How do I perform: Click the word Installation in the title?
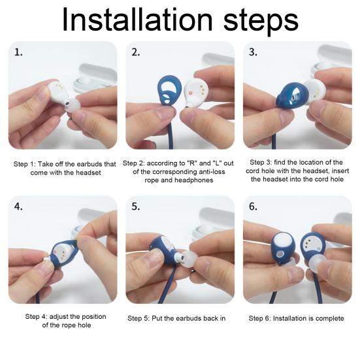click(137, 20)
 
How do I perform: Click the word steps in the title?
click(261, 22)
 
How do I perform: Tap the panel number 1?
click(18, 52)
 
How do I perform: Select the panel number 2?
click(135, 52)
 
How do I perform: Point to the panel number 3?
click(253, 52)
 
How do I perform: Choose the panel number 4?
click(18, 206)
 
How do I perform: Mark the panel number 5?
click(135, 206)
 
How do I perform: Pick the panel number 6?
click(253, 206)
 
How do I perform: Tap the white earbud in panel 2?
click(195, 92)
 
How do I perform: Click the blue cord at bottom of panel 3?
click(274, 140)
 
